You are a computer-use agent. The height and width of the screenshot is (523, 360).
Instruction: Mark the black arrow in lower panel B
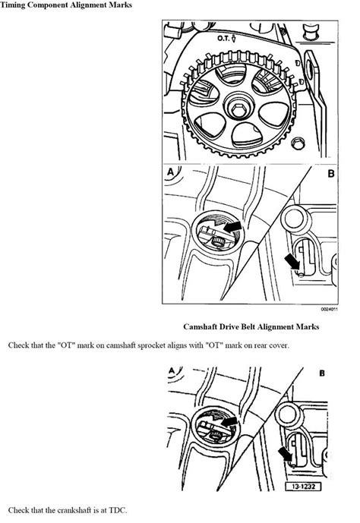[x=286, y=455]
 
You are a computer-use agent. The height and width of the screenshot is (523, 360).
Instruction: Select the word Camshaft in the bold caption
[x=206, y=327]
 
